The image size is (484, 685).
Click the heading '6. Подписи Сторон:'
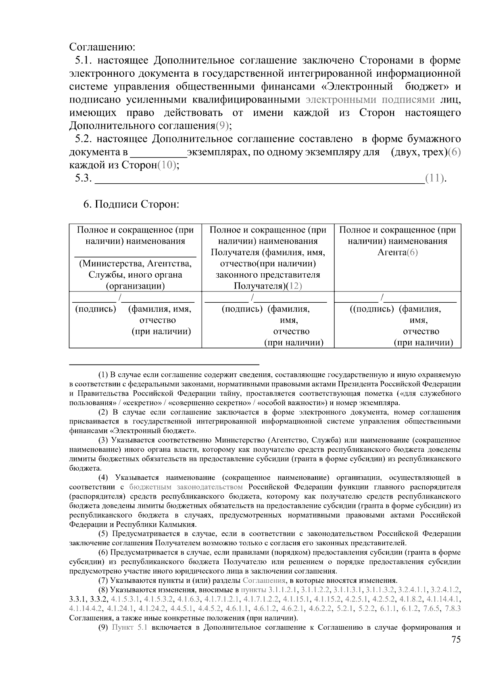coord(131,204)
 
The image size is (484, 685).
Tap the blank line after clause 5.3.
coord(258,178)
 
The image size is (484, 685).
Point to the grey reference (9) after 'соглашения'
coord(222,126)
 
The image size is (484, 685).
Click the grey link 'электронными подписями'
coord(371,100)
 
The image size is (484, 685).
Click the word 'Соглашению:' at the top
coord(102,47)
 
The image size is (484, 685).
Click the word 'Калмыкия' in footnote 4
coord(180,524)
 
